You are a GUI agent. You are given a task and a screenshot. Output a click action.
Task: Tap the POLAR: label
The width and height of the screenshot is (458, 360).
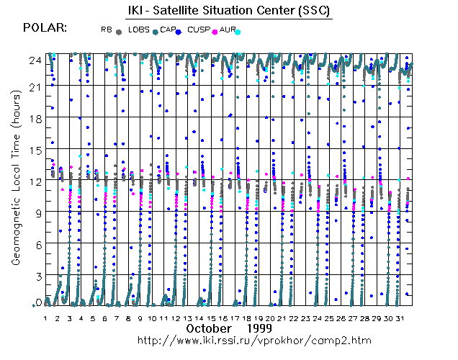(45, 28)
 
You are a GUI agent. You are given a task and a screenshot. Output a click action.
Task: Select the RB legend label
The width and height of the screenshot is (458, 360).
(107, 30)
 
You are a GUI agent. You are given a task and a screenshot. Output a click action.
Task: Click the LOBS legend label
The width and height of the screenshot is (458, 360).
(139, 30)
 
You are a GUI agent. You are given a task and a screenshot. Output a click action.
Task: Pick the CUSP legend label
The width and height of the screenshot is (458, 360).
(197, 30)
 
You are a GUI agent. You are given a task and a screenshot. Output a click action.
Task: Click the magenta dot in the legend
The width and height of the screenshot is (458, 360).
(213, 32)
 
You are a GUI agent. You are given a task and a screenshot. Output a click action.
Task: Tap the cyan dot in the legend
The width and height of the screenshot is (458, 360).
(238, 32)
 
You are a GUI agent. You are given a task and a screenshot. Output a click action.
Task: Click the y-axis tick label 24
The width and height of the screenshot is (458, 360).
(34, 61)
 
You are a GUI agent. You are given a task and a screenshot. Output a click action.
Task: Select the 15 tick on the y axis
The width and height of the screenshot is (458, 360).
(34, 150)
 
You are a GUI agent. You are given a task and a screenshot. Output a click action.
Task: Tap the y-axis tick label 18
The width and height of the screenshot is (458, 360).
(34, 118)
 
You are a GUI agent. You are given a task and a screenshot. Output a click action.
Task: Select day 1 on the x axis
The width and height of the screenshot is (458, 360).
(46, 318)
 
